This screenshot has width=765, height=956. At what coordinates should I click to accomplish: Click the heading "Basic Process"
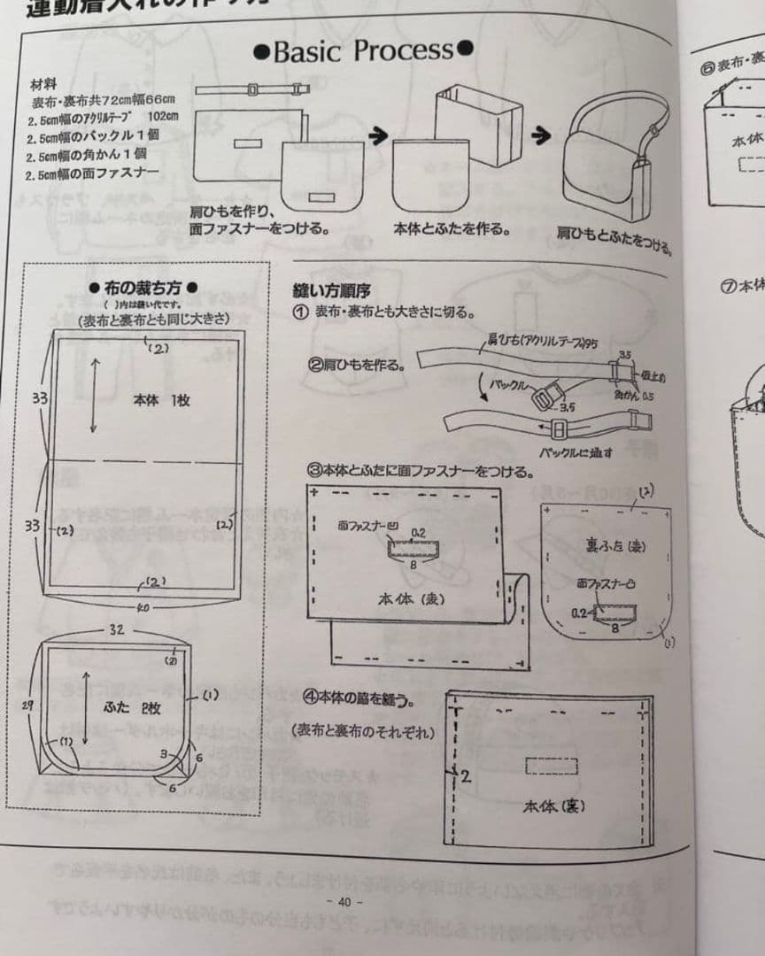click(x=362, y=50)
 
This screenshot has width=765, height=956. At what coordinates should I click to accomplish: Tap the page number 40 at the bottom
click(x=344, y=902)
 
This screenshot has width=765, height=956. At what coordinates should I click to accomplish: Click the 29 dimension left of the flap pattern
click(x=27, y=705)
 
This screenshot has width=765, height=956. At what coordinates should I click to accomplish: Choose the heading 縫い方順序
click(x=330, y=289)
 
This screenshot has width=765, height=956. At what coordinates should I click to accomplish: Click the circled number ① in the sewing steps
click(x=300, y=312)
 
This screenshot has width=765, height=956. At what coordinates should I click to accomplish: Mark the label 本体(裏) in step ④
click(x=552, y=806)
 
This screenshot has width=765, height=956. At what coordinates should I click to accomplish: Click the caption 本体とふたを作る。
click(x=452, y=229)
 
